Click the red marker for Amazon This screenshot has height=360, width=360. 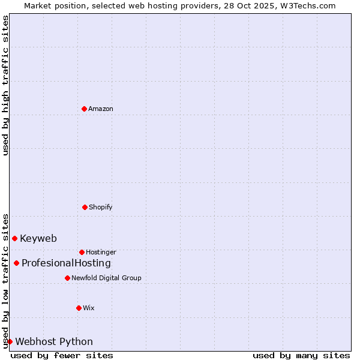pyautogui.click(x=84, y=109)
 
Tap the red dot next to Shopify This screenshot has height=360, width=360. pyautogui.click(x=85, y=207)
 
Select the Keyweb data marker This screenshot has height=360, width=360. pyautogui.click(x=14, y=238)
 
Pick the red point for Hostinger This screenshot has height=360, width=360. pyautogui.click(x=82, y=252)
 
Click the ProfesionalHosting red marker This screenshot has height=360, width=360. pyautogui.click(x=16, y=263)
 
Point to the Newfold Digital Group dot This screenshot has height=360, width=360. pyautogui.click(x=67, y=278)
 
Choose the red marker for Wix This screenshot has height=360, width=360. pyautogui.click(x=79, y=308)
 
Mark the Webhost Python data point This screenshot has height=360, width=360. pyautogui.click(x=10, y=341)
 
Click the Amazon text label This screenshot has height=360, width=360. pyautogui.click(x=101, y=109)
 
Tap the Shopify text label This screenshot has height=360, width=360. pyautogui.click(x=100, y=207)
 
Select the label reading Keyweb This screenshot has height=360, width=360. pyautogui.click(x=38, y=238)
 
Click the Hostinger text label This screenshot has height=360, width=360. pyautogui.click(x=101, y=252)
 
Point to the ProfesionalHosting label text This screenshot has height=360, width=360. pyautogui.click(x=66, y=263)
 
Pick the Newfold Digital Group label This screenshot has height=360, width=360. pyautogui.click(x=106, y=278)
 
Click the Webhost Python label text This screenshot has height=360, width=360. pyautogui.click(x=54, y=341)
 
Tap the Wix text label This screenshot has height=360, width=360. pyautogui.click(x=88, y=308)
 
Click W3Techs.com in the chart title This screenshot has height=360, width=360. pyautogui.click(x=308, y=5)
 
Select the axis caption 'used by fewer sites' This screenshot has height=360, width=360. pyautogui.click(x=62, y=355)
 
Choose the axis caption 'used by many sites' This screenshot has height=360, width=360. pyautogui.click(x=301, y=355)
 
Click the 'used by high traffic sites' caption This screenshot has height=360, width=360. pyautogui.click(x=5, y=85)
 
